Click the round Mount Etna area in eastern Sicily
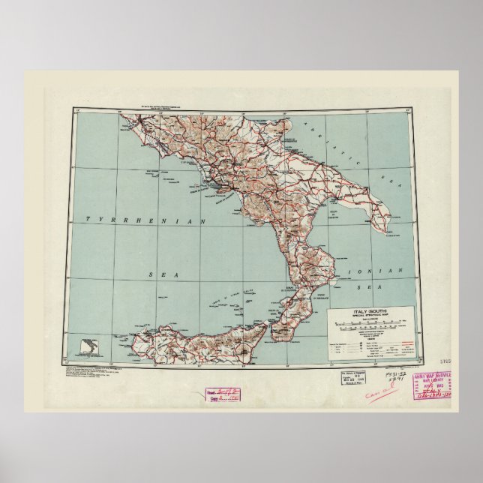click(x=248, y=346)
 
